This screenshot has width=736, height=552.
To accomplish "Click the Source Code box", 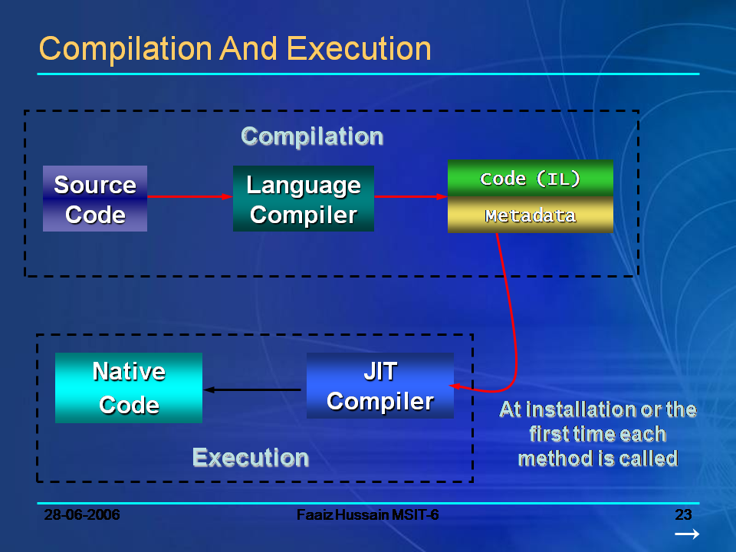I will [x=95, y=199].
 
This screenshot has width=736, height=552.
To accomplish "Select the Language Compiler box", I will [x=304, y=199].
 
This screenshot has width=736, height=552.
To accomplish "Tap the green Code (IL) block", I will [x=531, y=178].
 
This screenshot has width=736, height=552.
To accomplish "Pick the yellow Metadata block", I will [x=531, y=215].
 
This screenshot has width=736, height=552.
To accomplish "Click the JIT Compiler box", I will [x=380, y=386].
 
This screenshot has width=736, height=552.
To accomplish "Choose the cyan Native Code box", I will [x=129, y=388].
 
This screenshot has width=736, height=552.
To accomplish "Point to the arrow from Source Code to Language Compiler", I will [x=189, y=197].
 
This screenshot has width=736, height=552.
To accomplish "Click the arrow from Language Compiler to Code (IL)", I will [x=410, y=197].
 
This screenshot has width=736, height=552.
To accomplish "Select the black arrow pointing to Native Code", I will [x=253, y=390].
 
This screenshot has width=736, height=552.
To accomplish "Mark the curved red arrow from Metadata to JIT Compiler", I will [x=513, y=322].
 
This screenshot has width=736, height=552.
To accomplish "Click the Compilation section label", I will [x=312, y=136].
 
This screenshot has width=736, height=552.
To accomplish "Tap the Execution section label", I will [x=251, y=458].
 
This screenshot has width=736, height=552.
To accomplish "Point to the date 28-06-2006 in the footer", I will [x=82, y=514].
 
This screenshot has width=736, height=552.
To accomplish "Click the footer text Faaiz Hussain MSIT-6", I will [x=368, y=514].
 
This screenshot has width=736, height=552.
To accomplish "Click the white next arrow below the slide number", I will [x=687, y=534].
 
